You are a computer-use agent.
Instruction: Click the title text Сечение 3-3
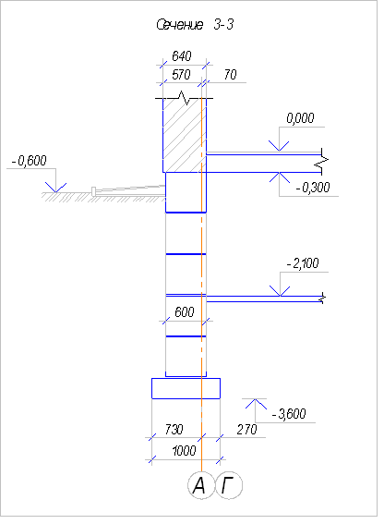pos(195,25)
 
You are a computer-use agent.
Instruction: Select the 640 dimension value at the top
pos(182,56)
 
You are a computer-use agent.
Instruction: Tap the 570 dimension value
pos(181,75)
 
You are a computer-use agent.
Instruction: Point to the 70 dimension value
pos(231,75)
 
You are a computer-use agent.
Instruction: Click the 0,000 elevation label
pos(300,118)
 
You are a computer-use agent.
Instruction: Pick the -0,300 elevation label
pos(313,188)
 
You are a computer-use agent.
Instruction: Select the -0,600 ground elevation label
pos(29,161)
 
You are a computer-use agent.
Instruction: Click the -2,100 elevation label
pos(303,263)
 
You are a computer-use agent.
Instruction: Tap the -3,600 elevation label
pos(289,414)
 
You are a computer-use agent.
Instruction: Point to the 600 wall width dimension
pos(185,312)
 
